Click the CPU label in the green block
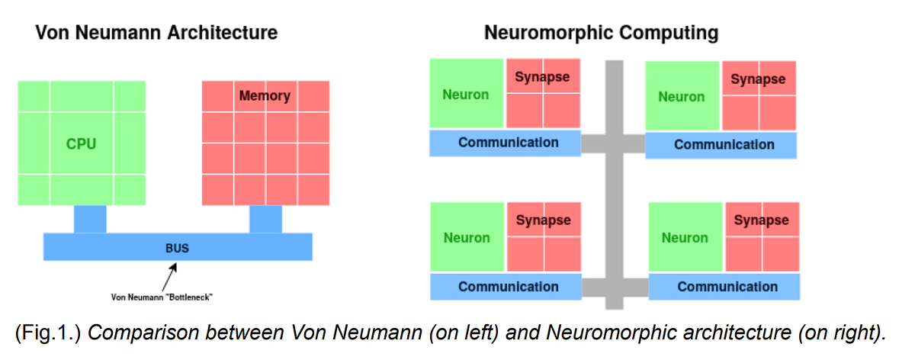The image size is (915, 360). click(x=81, y=143)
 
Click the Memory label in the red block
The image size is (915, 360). click(x=265, y=96)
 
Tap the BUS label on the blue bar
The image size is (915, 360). click(x=177, y=248)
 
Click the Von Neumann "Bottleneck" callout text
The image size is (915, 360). click(x=162, y=297)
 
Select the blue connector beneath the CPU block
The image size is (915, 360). click(x=90, y=219)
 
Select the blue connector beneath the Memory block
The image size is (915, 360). click(x=265, y=219)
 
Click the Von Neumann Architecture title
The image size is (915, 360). click(x=156, y=33)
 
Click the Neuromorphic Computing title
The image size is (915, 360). click(x=601, y=33)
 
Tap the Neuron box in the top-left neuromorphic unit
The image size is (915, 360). click(x=466, y=95)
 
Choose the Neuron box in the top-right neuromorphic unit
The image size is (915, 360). click(x=682, y=97)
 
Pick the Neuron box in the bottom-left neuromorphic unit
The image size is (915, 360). click(x=467, y=238)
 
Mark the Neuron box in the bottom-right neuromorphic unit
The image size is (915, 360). click(x=685, y=238)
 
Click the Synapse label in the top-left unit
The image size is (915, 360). click(x=542, y=77)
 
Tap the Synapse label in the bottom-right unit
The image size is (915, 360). click(x=761, y=220)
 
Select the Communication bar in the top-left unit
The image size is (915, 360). click(x=508, y=143)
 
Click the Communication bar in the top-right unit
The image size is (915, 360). click(x=724, y=145)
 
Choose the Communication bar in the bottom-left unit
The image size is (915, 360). click(x=508, y=287)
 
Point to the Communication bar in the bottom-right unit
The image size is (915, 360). click(x=727, y=287)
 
